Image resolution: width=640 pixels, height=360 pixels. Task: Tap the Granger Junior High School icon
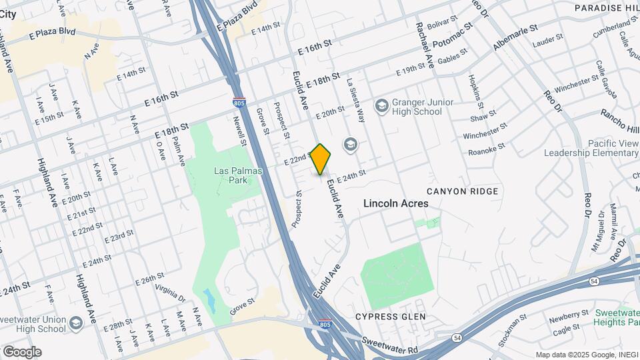click(381, 105)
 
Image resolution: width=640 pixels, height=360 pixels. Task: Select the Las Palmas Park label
click(239, 175)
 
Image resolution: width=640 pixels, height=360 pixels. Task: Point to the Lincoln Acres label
click(396, 203)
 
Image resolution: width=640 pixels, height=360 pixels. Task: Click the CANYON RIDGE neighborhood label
click(462, 191)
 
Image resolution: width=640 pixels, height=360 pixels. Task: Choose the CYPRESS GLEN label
click(390, 316)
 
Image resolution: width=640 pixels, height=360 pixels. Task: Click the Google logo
click(22, 351)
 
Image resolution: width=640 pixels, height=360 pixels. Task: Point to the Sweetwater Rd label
click(391, 345)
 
